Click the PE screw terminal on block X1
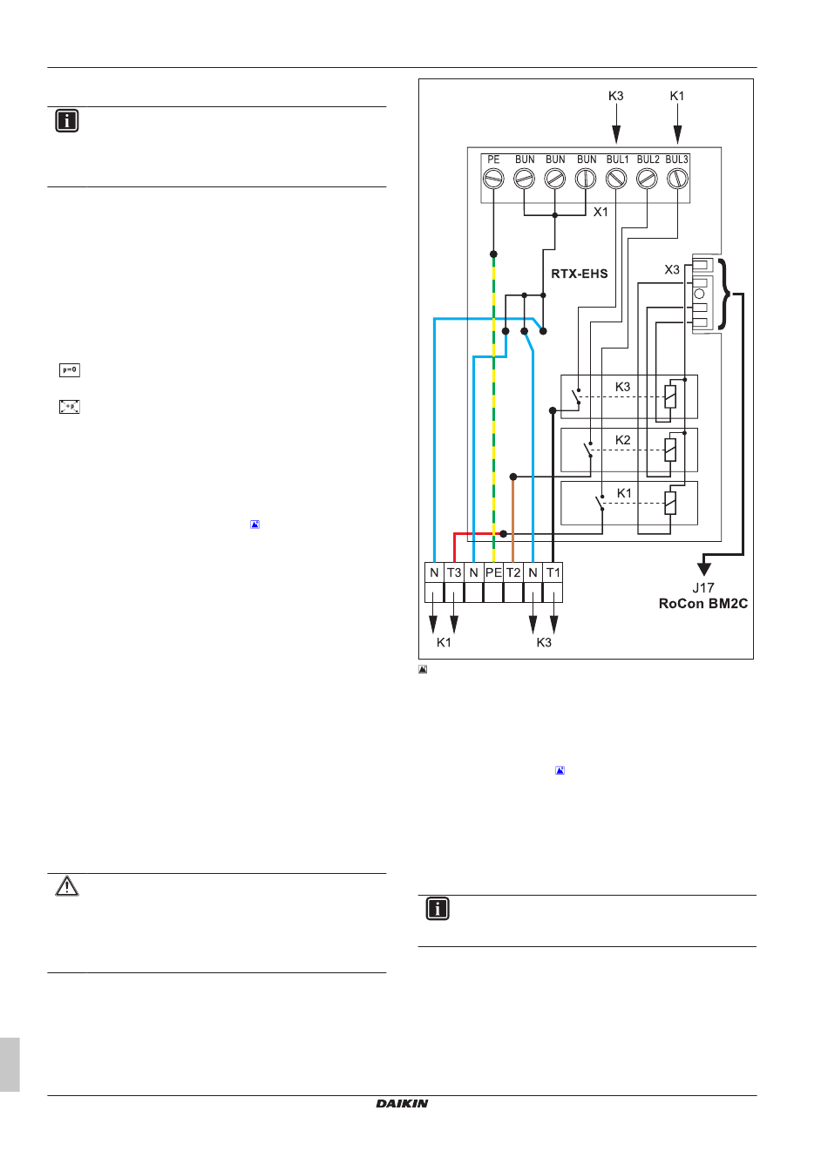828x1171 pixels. [x=493, y=179]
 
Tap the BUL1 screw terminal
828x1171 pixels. [x=616, y=179]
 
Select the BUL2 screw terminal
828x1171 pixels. [x=647, y=179]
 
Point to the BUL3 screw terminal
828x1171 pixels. [x=677, y=179]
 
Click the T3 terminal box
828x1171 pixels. [x=454, y=572]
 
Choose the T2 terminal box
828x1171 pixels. [x=513, y=572]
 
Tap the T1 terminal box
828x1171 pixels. [x=553, y=572]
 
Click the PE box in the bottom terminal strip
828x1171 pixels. [x=493, y=572]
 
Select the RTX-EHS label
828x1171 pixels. [x=580, y=274]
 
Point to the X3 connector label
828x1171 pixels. [x=672, y=270]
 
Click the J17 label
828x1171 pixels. [x=703, y=588]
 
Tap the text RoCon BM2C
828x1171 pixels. [x=702, y=604]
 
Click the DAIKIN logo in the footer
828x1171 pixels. [x=403, y=1104]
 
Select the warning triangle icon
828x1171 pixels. [x=67, y=887]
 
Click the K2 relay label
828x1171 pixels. [x=622, y=440]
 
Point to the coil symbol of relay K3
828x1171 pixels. [x=670, y=396]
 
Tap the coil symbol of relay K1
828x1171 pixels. [x=670, y=503]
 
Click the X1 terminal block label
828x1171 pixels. [x=601, y=212]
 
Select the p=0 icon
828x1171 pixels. [x=70, y=370]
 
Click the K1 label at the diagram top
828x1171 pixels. [x=677, y=96]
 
